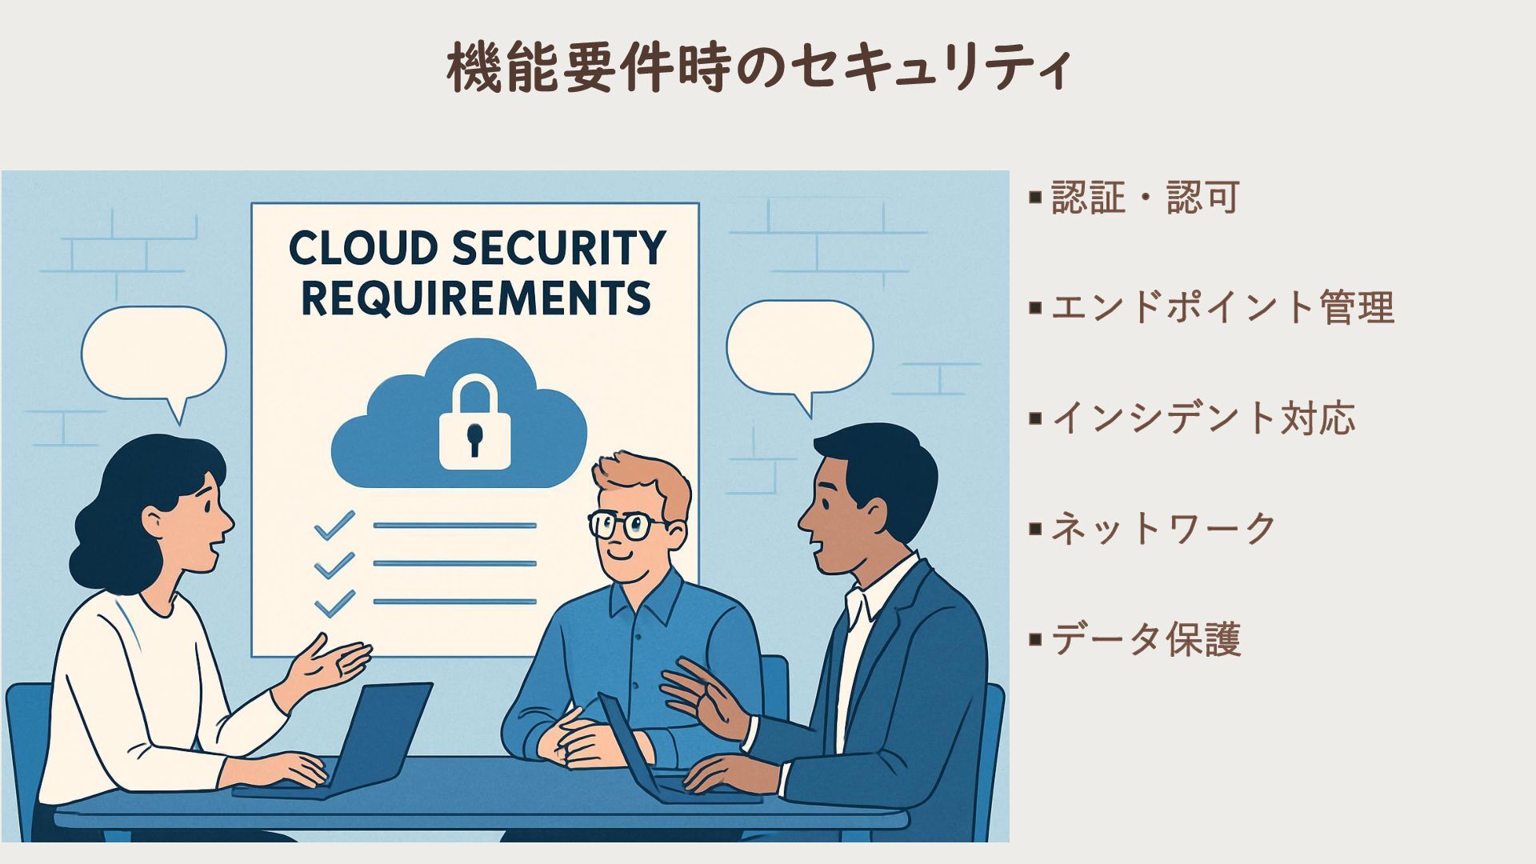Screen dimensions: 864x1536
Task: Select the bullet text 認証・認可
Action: [1145, 197]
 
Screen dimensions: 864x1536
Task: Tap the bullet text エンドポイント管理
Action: [1222, 307]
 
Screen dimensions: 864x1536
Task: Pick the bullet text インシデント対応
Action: [1202, 418]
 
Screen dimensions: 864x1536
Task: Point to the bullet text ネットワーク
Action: [1163, 528]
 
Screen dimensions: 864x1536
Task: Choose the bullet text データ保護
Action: [1146, 639]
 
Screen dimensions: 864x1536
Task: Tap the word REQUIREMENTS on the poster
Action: [476, 298]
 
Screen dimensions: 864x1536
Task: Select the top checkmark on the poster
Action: [334, 525]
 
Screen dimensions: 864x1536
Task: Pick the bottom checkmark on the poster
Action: [334, 602]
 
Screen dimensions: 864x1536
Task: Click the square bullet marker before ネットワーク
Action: [1036, 528]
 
